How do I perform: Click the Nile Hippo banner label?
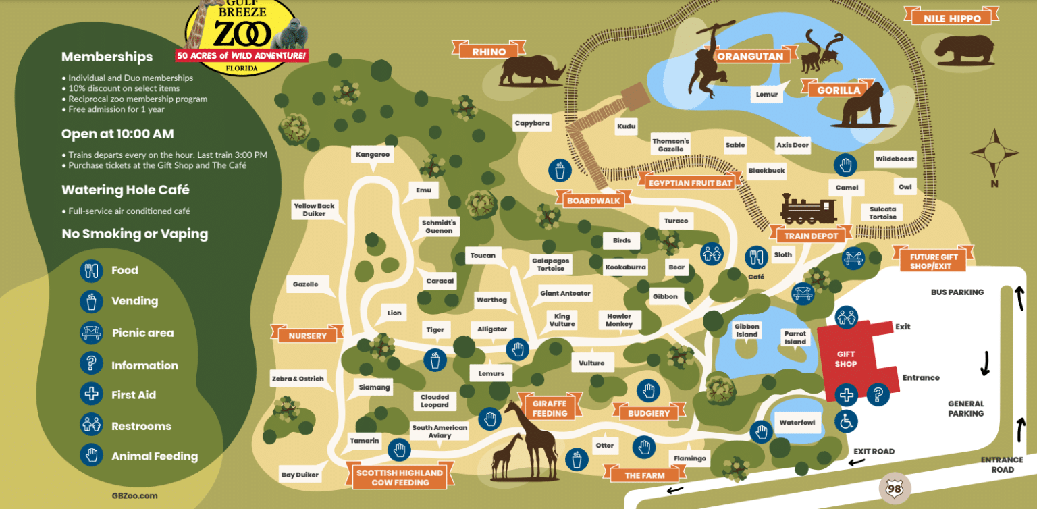951,18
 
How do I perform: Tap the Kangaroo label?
373,155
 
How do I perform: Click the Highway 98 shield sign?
895,487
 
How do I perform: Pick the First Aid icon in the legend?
90,394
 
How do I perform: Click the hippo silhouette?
964,49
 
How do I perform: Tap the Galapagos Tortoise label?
550,264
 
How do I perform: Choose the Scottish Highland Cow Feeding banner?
400,477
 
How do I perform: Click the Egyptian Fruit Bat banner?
689,182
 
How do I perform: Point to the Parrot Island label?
795,338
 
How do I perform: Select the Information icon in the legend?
90,363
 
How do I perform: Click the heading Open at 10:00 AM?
117,134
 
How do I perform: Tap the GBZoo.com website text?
134,495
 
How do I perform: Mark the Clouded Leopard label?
434,401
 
